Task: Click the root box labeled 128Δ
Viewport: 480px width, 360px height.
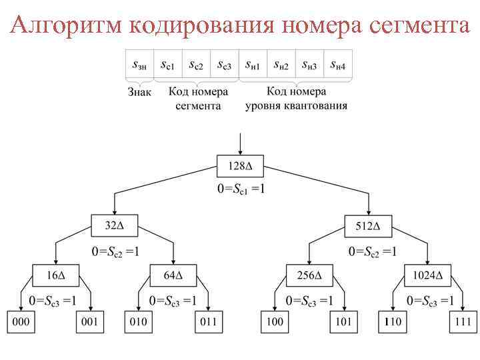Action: (241, 165)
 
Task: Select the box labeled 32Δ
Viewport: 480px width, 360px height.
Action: (113, 226)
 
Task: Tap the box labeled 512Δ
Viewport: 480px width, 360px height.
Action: (368, 226)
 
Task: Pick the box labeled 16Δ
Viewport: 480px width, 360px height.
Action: (55, 275)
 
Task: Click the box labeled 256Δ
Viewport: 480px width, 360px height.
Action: (309, 275)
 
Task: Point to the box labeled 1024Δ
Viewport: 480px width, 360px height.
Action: (427, 275)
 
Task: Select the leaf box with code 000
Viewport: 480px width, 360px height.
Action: (21, 322)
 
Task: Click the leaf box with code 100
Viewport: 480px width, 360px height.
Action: (275, 322)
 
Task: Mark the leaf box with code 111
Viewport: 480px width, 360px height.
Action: (461, 322)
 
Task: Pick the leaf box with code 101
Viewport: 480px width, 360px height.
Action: (343, 322)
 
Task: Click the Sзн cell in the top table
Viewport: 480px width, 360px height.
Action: (140, 65)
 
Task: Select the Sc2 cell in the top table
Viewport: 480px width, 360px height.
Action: (196, 65)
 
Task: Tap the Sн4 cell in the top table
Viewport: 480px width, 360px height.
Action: (338, 65)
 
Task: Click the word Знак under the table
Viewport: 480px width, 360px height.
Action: (140, 91)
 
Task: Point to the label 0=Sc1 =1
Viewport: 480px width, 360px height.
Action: (241, 189)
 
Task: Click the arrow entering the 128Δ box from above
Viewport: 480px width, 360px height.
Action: (241, 143)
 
